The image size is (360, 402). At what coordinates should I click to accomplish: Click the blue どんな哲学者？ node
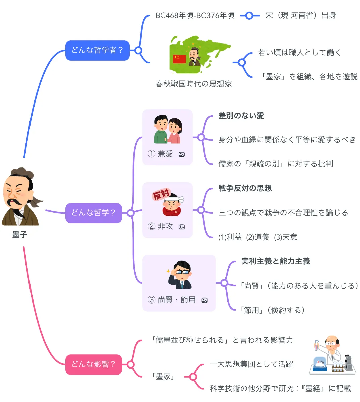(97, 50)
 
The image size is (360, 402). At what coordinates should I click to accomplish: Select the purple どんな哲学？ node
(94, 213)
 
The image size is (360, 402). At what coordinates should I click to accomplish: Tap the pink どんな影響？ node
(94, 364)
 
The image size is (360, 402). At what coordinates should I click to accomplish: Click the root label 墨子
(19, 235)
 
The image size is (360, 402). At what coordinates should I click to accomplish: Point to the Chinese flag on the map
(179, 59)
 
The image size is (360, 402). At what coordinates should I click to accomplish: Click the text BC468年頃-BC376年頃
(195, 16)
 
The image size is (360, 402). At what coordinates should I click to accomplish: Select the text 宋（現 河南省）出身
(301, 16)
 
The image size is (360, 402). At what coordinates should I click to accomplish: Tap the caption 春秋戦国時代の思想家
(193, 84)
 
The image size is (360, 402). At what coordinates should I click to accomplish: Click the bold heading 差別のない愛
(241, 116)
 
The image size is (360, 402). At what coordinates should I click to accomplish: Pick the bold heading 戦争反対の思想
(245, 188)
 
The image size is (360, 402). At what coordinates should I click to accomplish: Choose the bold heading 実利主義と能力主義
(276, 261)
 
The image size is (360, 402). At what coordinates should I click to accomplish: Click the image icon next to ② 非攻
(182, 227)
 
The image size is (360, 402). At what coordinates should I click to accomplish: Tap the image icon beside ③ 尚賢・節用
(204, 300)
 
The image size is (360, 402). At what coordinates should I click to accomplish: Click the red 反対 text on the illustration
(161, 194)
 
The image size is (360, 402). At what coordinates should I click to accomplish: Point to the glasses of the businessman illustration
(182, 272)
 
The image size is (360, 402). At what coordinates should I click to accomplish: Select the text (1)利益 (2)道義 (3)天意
(257, 237)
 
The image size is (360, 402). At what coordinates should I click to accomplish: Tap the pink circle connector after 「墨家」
(193, 377)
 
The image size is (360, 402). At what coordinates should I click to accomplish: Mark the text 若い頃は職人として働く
(299, 53)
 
